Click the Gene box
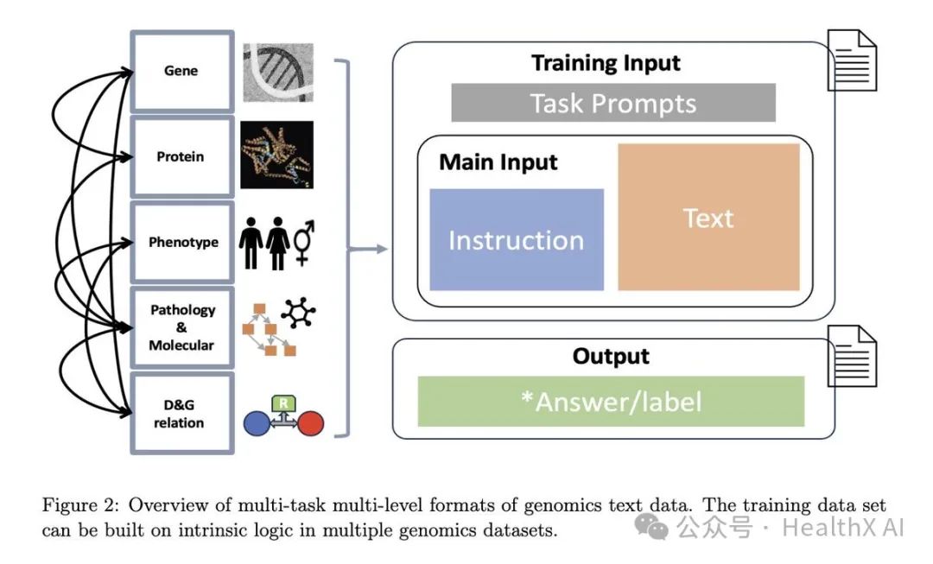tap(181, 71)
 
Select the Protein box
tap(181, 156)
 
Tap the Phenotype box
tap(181, 242)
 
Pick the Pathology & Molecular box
tap(181, 327)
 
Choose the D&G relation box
tap(181, 413)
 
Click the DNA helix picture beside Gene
tap(276, 73)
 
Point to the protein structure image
tap(276, 155)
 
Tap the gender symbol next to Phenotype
tap(304, 243)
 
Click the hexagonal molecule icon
tap(298, 313)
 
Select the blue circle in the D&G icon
tap(258, 423)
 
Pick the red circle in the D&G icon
tap(310, 423)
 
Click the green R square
tap(283, 402)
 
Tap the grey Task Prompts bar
tap(613, 104)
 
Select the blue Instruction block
tap(517, 239)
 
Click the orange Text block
tap(708, 217)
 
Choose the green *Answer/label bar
tap(611, 401)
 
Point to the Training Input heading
tap(606, 63)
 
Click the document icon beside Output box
tap(852, 356)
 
